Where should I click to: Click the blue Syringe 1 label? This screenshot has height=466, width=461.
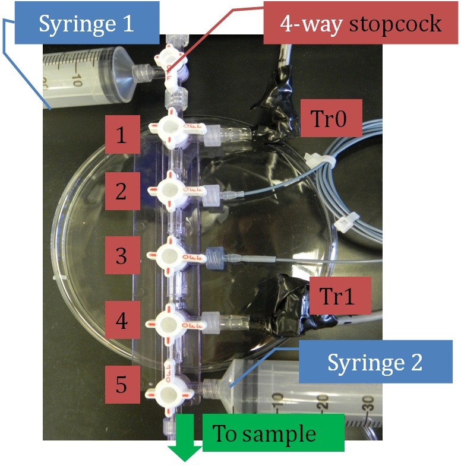87,23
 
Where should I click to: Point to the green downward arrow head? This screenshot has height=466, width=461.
185,452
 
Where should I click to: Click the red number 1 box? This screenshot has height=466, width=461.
121,135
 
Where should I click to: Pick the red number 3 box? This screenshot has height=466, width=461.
121,256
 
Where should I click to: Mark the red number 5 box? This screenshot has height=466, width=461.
121,385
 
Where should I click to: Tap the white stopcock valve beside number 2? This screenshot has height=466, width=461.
170,190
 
